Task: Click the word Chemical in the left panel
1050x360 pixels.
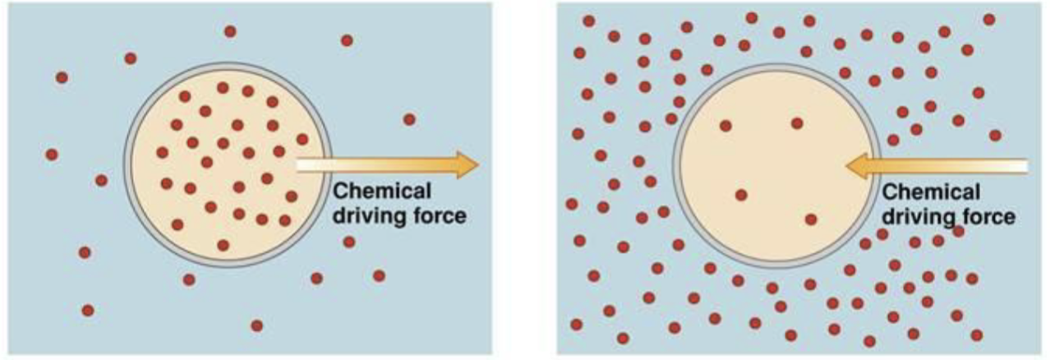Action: coord(382,191)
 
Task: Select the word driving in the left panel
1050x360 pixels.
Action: coord(370,217)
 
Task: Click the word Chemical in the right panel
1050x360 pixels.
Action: coord(931,192)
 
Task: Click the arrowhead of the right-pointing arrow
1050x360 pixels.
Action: coord(467,165)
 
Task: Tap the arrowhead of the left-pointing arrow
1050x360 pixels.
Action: coord(858,166)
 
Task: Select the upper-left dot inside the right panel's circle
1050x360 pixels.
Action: coord(725,126)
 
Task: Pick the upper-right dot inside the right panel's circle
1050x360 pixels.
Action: coord(797,123)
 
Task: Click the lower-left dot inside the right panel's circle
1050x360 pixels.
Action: coord(741,195)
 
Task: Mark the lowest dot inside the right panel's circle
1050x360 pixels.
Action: coord(811,219)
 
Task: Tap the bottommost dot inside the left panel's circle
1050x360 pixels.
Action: coord(223,245)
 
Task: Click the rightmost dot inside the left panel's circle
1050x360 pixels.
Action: coord(302,139)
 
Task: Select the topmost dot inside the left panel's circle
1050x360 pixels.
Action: coord(223,88)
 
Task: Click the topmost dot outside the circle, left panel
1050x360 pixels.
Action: coord(230,31)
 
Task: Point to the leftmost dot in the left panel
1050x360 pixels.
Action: coord(52,155)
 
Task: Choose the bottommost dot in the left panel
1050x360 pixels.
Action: coord(256,325)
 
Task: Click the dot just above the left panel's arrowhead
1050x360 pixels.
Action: coord(409,119)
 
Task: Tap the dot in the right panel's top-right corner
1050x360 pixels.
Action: coord(989,19)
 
